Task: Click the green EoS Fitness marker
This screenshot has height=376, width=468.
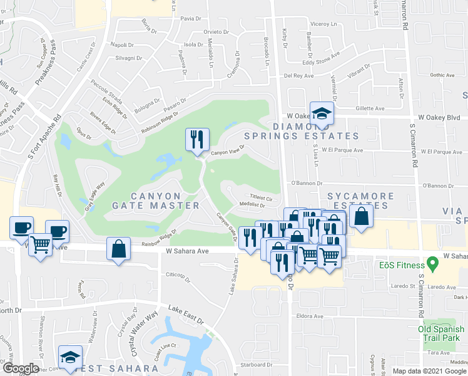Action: tap(431, 263)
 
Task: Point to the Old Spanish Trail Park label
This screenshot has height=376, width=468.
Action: tap(442, 333)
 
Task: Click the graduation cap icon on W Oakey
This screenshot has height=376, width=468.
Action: tap(322, 113)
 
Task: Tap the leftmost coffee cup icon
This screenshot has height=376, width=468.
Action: tap(21, 226)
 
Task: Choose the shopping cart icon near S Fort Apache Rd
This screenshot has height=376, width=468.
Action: tap(39, 244)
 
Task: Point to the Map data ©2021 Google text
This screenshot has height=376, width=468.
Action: tap(429, 371)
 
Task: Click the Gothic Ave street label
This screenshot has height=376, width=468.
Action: tap(442, 75)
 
